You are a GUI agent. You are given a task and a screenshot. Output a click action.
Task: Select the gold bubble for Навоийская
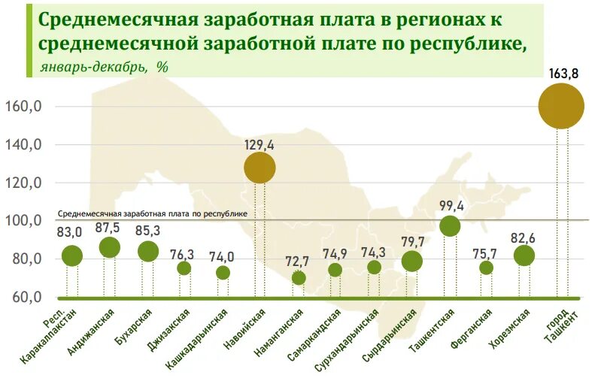(x=260, y=168)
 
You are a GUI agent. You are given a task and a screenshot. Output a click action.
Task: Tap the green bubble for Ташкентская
(x=450, y=226)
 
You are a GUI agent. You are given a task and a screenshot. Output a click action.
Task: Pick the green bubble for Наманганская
(x=299, y=278)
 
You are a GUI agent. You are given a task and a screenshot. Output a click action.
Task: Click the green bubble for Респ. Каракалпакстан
(x=72, y=256)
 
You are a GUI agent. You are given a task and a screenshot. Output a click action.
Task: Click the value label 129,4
(x=260, y=143)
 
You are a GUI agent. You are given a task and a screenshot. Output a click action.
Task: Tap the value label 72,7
(x=298, y=262)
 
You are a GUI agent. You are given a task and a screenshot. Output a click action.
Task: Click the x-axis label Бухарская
(x=135, y=326)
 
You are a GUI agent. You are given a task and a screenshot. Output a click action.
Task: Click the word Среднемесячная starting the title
(x=120, y=18)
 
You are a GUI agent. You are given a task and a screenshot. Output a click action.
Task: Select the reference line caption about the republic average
(x=153, y=213)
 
